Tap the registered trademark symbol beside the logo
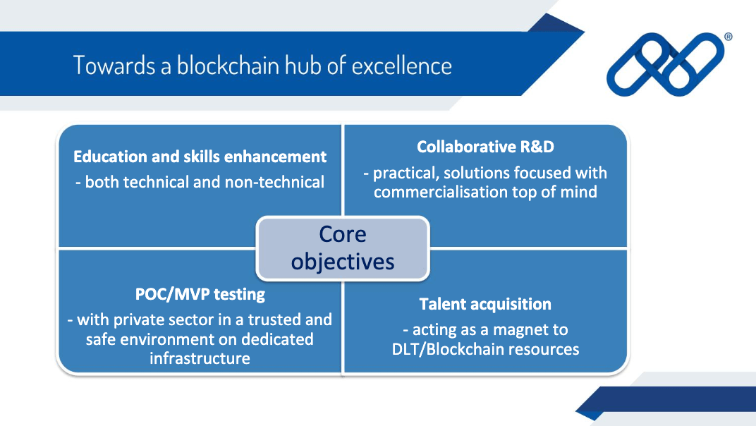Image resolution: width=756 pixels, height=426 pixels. [x=728, y=37]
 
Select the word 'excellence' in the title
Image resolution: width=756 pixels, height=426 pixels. [x=402, y=66]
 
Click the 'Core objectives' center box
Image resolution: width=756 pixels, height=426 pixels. [x=342, y=248]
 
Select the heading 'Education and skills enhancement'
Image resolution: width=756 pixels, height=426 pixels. [x=200, y=157]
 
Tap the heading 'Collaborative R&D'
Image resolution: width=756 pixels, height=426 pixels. [x=485, y=147]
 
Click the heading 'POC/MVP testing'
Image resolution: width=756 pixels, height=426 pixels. [x=200, y=294]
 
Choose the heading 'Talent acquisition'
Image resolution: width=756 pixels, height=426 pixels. [x=485, y=304]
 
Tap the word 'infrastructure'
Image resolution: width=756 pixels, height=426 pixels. [x=200, y=358]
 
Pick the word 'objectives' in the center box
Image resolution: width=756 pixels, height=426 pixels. [x=342, y=262]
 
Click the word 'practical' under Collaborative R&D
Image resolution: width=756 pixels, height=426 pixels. [x=405, y=174]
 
